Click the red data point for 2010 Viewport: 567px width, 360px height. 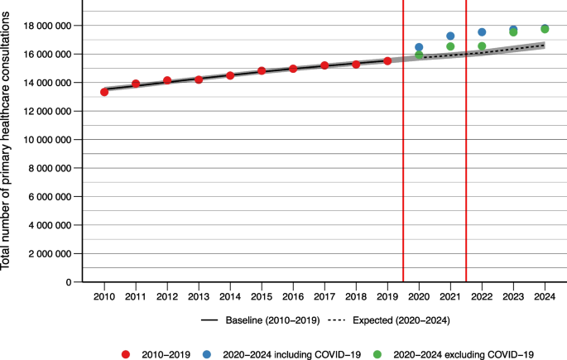click(104, 92)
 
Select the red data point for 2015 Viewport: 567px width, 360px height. click(262, 71)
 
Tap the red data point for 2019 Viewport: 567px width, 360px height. click(387, 61)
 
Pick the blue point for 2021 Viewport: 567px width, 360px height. click(450, 36)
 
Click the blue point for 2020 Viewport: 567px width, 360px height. click(419, 47)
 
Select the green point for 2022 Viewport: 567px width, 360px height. click(482, 46)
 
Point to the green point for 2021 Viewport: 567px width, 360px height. click(450, 46)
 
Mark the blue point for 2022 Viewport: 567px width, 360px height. click(482, 32)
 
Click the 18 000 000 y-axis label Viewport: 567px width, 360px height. click(47, 26)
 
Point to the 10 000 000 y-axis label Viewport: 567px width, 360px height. click(47, 140)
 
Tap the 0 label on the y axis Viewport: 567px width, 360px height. click(69, 282)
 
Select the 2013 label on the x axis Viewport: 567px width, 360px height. click(199, 297)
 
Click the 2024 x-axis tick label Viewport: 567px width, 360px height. click(545, 297)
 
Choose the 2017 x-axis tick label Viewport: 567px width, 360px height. click(324, 297)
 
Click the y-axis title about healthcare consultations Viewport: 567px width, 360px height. click(5, 141)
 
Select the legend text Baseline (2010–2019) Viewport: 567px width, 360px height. click(272, 320)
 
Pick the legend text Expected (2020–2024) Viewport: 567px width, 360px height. click(401, 320)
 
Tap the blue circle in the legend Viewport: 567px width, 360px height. click(207, 354)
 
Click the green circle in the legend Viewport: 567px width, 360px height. click(377, 354)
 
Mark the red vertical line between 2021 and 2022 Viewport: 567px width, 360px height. click(466, 141)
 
